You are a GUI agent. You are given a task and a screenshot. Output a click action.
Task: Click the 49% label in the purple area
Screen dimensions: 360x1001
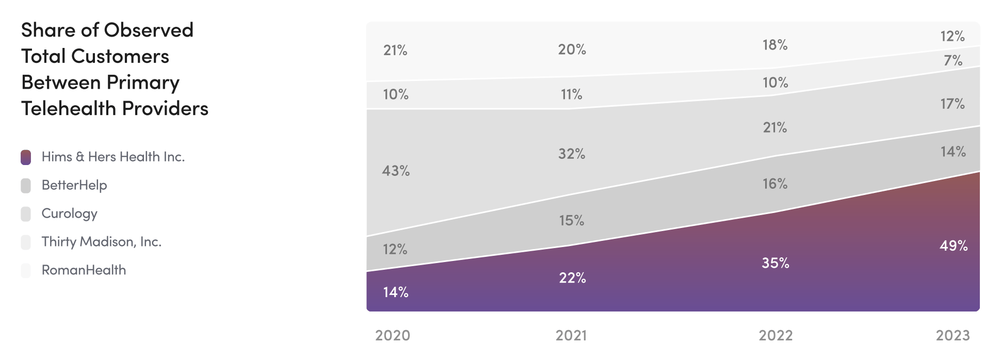pyautogui.click(x=953, y=246)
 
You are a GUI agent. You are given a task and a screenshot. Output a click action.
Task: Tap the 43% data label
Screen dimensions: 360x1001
pyautogui.click(x=396, y=171)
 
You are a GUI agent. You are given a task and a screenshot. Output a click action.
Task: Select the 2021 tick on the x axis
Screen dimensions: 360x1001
pyautogui.click(x=571, y=335)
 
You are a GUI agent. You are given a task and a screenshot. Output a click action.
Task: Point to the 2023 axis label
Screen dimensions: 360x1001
pyautogui.click(x=952, y=335)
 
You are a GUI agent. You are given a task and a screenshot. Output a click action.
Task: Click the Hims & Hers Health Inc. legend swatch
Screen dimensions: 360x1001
pyautogui.click(x=26, y=157)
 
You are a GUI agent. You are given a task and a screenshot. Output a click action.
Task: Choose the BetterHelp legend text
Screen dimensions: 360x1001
pyautogui.click(x=74, y=185)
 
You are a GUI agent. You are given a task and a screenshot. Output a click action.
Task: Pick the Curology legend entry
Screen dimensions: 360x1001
pyautogui.click(x=69, y=214)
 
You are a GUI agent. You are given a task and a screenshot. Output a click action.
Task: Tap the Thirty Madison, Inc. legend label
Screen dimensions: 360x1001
pyautogui.click(x=101, y=242)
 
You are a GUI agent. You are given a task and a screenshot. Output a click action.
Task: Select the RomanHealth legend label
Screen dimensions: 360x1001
pyautogui.click(x=84, y=270)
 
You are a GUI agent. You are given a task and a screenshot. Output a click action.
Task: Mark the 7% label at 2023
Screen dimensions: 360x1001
pyautogui.click(x=952, y=60)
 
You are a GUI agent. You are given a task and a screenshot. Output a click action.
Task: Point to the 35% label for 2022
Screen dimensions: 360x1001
pyautogui.click(x=775, y=263)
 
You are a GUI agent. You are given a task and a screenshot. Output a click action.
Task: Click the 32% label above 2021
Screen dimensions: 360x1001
pyautogui.click(x=571, y=154)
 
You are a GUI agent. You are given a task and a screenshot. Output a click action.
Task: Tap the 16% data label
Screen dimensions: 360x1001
pyautogui.click(x=775, y=184)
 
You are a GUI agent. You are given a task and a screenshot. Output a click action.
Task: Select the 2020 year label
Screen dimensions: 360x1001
pyautogui.click(x=392, y=335)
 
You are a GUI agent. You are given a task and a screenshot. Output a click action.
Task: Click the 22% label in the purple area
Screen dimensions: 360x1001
pyautogui.click(x=572, y=278)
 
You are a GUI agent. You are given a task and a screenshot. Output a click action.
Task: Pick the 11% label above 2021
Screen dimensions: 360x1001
pyautogui.click(x=571, y=94)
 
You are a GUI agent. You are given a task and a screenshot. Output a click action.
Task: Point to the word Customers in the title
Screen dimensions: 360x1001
pyautogui.click(x=120, y=56)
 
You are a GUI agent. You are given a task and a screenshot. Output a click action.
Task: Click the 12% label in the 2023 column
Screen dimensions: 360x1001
pyautogui.click(x=952, y=36)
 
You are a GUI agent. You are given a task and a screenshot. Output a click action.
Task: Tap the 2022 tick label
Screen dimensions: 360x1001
pyautogui.click(x=775, y=335)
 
